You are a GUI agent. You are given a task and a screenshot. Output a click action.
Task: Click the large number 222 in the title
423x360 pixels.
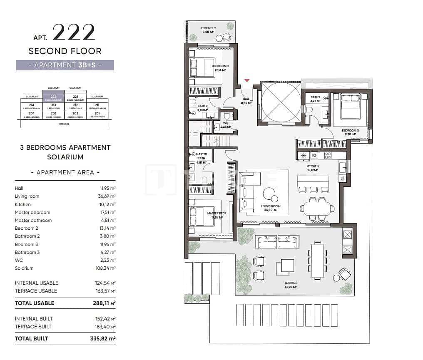tap(74, 33)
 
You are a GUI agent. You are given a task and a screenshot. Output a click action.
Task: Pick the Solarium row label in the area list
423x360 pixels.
tap(24, 268)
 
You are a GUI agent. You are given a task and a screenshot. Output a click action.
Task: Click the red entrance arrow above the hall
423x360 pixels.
tap(247, 80)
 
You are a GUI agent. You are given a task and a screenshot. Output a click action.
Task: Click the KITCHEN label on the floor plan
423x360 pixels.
tap(312, 168)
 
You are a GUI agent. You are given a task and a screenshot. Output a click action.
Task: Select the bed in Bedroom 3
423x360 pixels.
tap(351, 107)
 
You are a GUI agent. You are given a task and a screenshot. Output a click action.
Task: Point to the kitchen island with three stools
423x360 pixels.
tap(313, 182)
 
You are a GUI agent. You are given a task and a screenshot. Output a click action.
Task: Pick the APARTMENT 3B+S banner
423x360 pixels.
tap(65, 65)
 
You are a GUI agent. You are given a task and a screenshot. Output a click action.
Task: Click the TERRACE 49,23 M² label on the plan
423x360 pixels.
tap(291, 285)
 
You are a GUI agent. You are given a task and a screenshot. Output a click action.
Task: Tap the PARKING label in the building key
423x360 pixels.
tap(64, 124)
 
